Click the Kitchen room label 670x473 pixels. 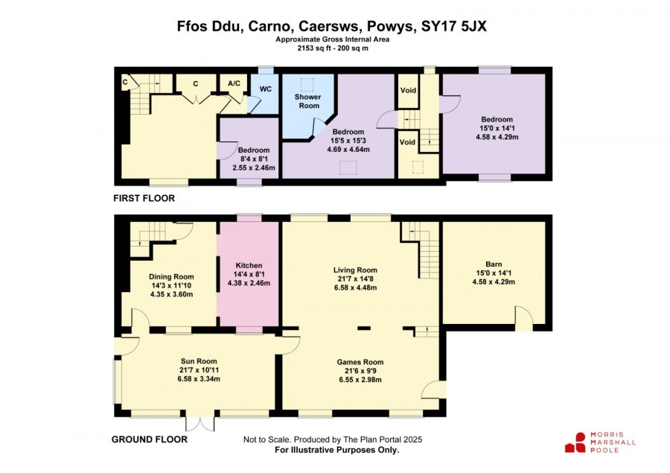(x=249, y=266)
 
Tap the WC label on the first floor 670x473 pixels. (x=266, y=89)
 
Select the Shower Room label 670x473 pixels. (x=307, y=101)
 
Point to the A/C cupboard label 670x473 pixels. (x=234, y=83)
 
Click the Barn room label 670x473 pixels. (x=494, y=264)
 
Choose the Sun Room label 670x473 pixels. (x=199, y=361)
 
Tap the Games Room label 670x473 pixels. (x=360, y=362)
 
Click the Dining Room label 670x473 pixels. (x=171, y=276)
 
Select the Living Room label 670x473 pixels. (x=355, y=270)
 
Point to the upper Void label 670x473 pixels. (x=408, y=90)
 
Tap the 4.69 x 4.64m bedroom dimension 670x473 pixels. (x=348, y=149)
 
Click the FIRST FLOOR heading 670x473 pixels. (x=144, y=198)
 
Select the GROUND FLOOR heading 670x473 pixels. (x=150, y=439)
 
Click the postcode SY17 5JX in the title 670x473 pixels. (x=454, y=27)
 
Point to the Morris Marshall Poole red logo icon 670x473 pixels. (x=575, y=442)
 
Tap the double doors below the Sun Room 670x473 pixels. (x=200, y=424)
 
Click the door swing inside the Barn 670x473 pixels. (x=524, y=317)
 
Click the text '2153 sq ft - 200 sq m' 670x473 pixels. (x=333, y=48)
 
